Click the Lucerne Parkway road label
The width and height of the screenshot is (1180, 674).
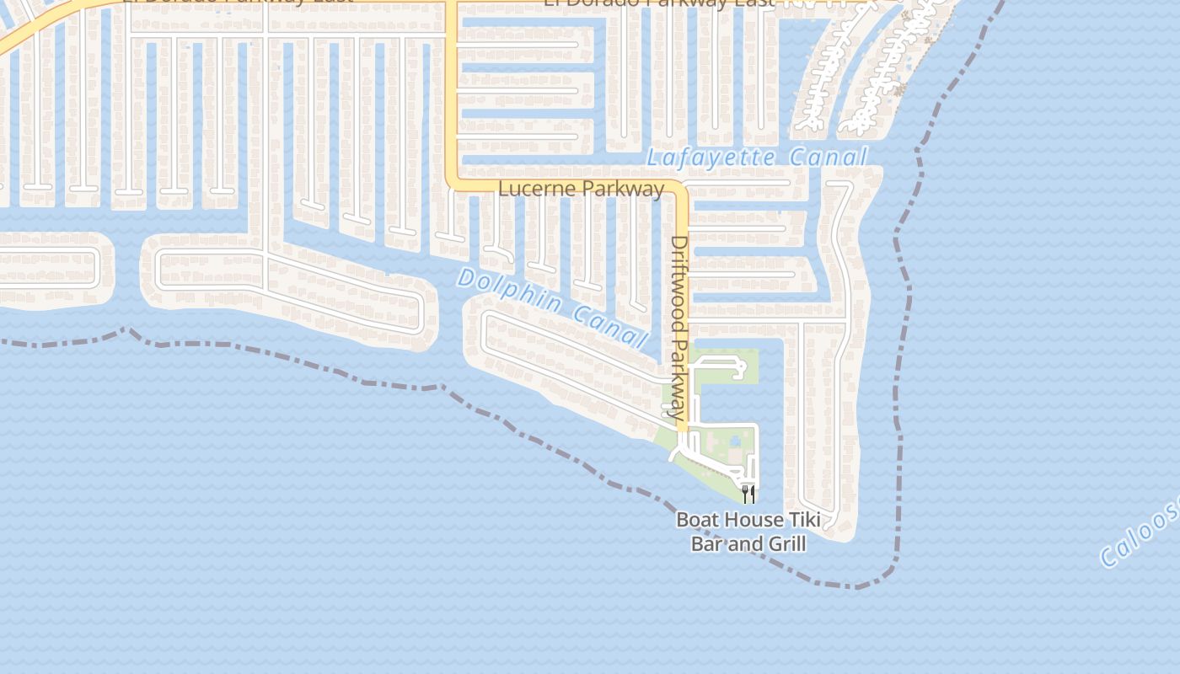click(x=581, y=189)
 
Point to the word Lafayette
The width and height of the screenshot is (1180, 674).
click(x=712, y=158)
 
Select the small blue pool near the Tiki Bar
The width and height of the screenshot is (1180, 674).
click(x=736, y=441)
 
